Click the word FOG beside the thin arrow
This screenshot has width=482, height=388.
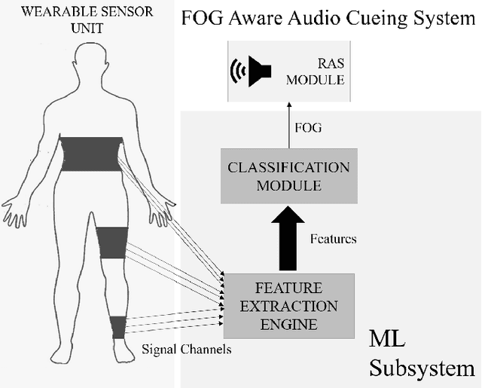point(310,127)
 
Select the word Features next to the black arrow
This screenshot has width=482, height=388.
point(333,240)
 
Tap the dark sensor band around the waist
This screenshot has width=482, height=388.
point(90,154)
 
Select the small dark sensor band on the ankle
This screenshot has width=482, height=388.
point(117,326)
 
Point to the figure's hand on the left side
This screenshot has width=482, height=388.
point(17,210)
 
